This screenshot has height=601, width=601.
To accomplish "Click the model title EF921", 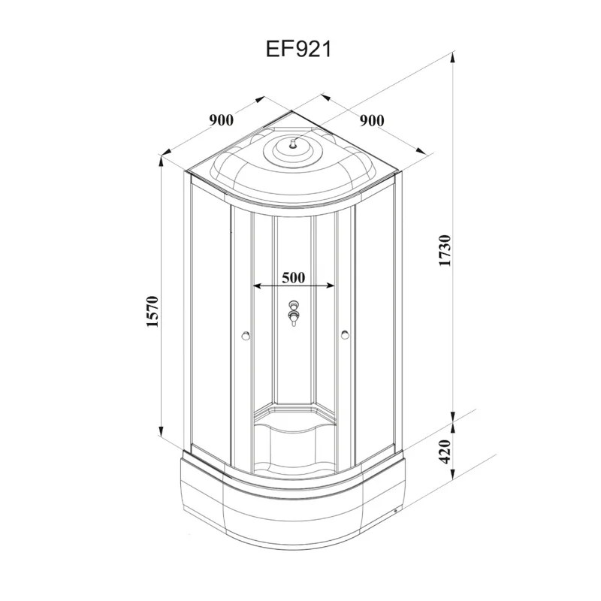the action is (298, 50).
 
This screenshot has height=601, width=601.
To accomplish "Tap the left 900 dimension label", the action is (221, 120).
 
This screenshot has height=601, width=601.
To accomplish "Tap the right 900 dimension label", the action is (372, 121).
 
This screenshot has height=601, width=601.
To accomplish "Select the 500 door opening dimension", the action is (294, 277).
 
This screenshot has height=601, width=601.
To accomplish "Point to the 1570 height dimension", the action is (153, 311).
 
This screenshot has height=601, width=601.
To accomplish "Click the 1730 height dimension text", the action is (445, 251).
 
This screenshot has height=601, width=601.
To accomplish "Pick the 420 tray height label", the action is (445, 452).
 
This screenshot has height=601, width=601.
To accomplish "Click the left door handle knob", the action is (246, 336).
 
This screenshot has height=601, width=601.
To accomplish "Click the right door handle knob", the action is (345, 335).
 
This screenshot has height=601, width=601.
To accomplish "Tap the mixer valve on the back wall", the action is (294, 313).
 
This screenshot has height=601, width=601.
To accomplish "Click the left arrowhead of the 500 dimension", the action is (258, 286).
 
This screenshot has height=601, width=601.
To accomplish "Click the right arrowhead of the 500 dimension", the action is (331, 285).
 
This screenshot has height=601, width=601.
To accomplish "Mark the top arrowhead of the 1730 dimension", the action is (453, 57).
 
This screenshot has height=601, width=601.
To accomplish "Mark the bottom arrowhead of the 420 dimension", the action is (453, 475).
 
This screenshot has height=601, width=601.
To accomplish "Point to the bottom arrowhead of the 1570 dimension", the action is (161, 430).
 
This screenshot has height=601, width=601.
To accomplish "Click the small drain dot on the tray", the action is (396, 511).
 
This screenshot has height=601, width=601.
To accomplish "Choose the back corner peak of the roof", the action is (291, 111).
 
